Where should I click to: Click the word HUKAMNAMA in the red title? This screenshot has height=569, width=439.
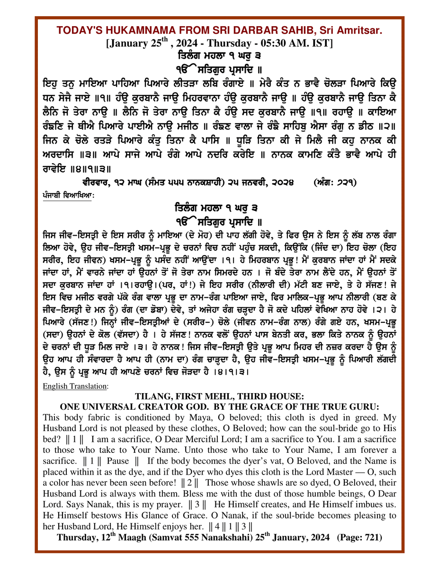142,31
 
